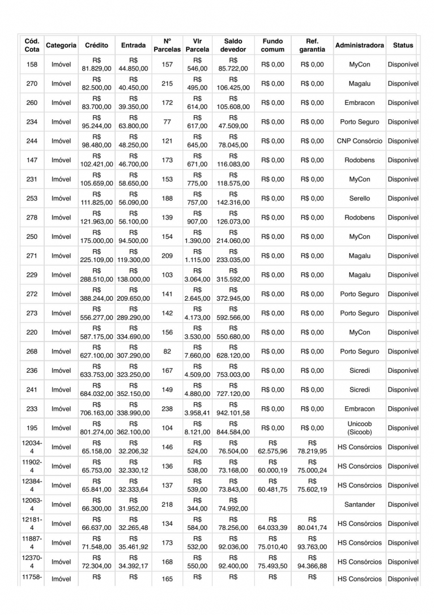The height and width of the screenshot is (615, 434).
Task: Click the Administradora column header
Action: click(359, 45)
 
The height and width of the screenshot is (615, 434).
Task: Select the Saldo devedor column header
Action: click(233, 45)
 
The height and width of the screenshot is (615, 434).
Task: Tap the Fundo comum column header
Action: click(273, 45)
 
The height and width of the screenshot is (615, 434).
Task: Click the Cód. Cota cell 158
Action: click(32, 65)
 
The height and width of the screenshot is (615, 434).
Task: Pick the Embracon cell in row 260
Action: click(359, 103)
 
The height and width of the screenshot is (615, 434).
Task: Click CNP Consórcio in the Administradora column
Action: click(359, 141)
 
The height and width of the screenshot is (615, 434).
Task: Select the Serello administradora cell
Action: click(359, 199)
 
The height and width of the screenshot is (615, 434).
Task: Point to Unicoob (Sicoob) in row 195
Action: click(359, 428)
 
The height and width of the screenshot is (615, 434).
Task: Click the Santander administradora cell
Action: click(359, 504)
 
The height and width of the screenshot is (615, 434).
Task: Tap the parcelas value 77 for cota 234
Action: click(167, 122)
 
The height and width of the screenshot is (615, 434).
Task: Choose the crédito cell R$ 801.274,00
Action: click(96, 428)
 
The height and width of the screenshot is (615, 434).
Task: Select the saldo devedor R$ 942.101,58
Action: click(233, 408)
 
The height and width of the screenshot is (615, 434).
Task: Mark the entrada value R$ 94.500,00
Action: click(133, 237)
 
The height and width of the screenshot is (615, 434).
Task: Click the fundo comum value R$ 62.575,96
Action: click(273, 447)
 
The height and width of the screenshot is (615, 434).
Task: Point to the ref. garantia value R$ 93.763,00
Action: click(312, 542)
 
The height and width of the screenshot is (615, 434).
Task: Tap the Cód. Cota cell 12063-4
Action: click(32, 504)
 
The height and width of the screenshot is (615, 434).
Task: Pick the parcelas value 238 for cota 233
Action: click(167, 408)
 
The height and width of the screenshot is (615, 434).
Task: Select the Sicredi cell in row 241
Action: click(359, 390)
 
